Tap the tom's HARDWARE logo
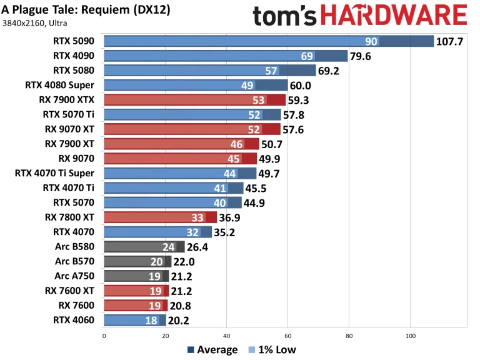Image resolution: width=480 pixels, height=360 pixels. point(360,17)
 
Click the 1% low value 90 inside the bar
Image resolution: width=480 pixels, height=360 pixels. point(371,42)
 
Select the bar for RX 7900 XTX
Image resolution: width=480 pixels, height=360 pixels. point(194,100)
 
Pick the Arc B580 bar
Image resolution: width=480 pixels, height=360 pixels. point(144,246)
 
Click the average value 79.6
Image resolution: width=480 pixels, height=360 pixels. point(362,56)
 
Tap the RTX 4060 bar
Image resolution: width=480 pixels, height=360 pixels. point(134,320)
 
